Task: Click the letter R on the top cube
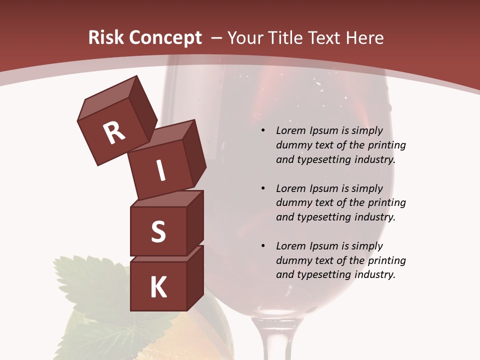pyautogui.click(x=114, y=133)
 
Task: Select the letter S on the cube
pyautogui.click(x=158, y=231)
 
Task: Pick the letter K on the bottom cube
pyautogui.click(x=158, y=287)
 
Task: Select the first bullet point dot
pyautogui.click(x=263, y=130)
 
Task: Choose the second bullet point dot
pyautogui.click(x=263, y=188)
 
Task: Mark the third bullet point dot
pyautogui.click(x=263, y=246)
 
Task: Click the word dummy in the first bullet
pyautogui.click(x=292, y=145)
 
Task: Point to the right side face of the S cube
pyautogui.click(x=195, y=222)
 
